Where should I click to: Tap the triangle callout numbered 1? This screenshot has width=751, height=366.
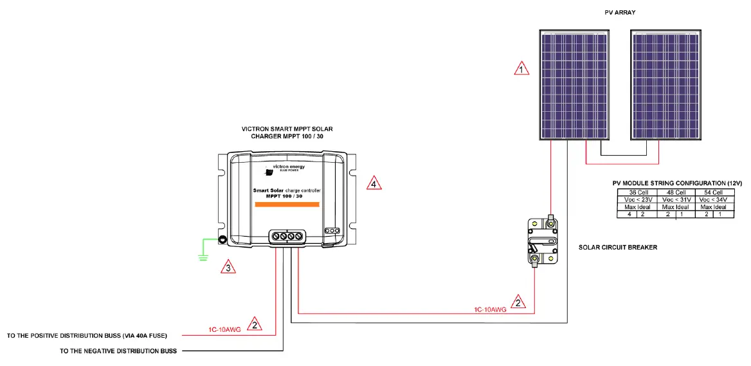click(522, 68)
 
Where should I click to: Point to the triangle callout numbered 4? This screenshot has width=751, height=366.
click(374, 184)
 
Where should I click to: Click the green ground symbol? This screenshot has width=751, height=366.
click(203, 257)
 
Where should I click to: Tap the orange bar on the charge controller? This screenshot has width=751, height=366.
click(287, 205)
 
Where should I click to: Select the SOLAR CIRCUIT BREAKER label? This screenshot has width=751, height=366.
click(617, 247)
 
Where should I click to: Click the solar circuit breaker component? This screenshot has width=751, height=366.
click(541, 240)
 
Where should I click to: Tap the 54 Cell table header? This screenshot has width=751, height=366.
click(719, 192)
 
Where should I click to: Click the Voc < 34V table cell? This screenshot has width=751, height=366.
click(719, 199)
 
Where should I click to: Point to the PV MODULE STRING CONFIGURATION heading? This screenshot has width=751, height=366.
click(677, 183)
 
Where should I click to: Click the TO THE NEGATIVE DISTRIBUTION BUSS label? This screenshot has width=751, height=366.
click(118, 351)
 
